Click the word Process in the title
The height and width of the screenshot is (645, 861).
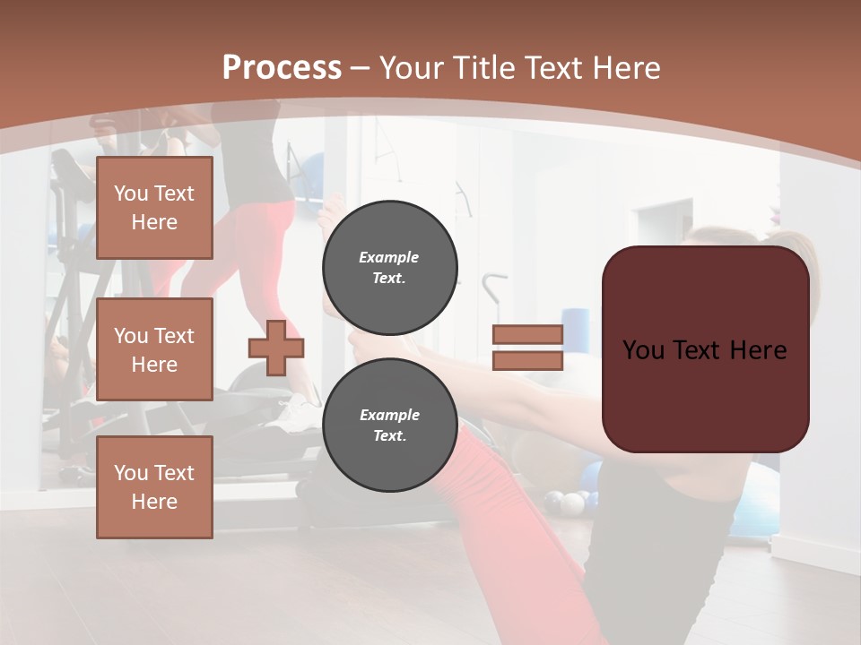point(282,68)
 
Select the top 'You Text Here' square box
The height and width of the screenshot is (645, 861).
point(154,208)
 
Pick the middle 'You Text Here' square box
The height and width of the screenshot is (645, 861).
point(154,349)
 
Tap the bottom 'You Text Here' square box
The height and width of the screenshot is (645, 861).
point(154,487)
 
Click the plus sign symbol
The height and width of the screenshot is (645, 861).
point(276,348)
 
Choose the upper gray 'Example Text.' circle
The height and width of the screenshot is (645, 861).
point(389,267)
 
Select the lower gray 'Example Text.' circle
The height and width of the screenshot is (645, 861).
point(389,425)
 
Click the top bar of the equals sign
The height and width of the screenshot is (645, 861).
point(527,335)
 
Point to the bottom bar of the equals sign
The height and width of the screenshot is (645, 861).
point(527,360)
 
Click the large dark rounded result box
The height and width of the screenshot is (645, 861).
point(705,394)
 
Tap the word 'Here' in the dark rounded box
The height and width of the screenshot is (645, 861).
point(758,350)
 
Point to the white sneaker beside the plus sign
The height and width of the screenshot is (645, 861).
point(297,413)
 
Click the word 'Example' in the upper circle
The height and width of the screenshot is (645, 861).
point(389,257)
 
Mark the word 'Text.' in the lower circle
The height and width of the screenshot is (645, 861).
point(389,436)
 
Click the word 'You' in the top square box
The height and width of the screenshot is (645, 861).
point(131,193)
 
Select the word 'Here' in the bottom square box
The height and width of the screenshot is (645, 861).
point(154,502)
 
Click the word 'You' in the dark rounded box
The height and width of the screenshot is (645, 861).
point(643,350)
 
